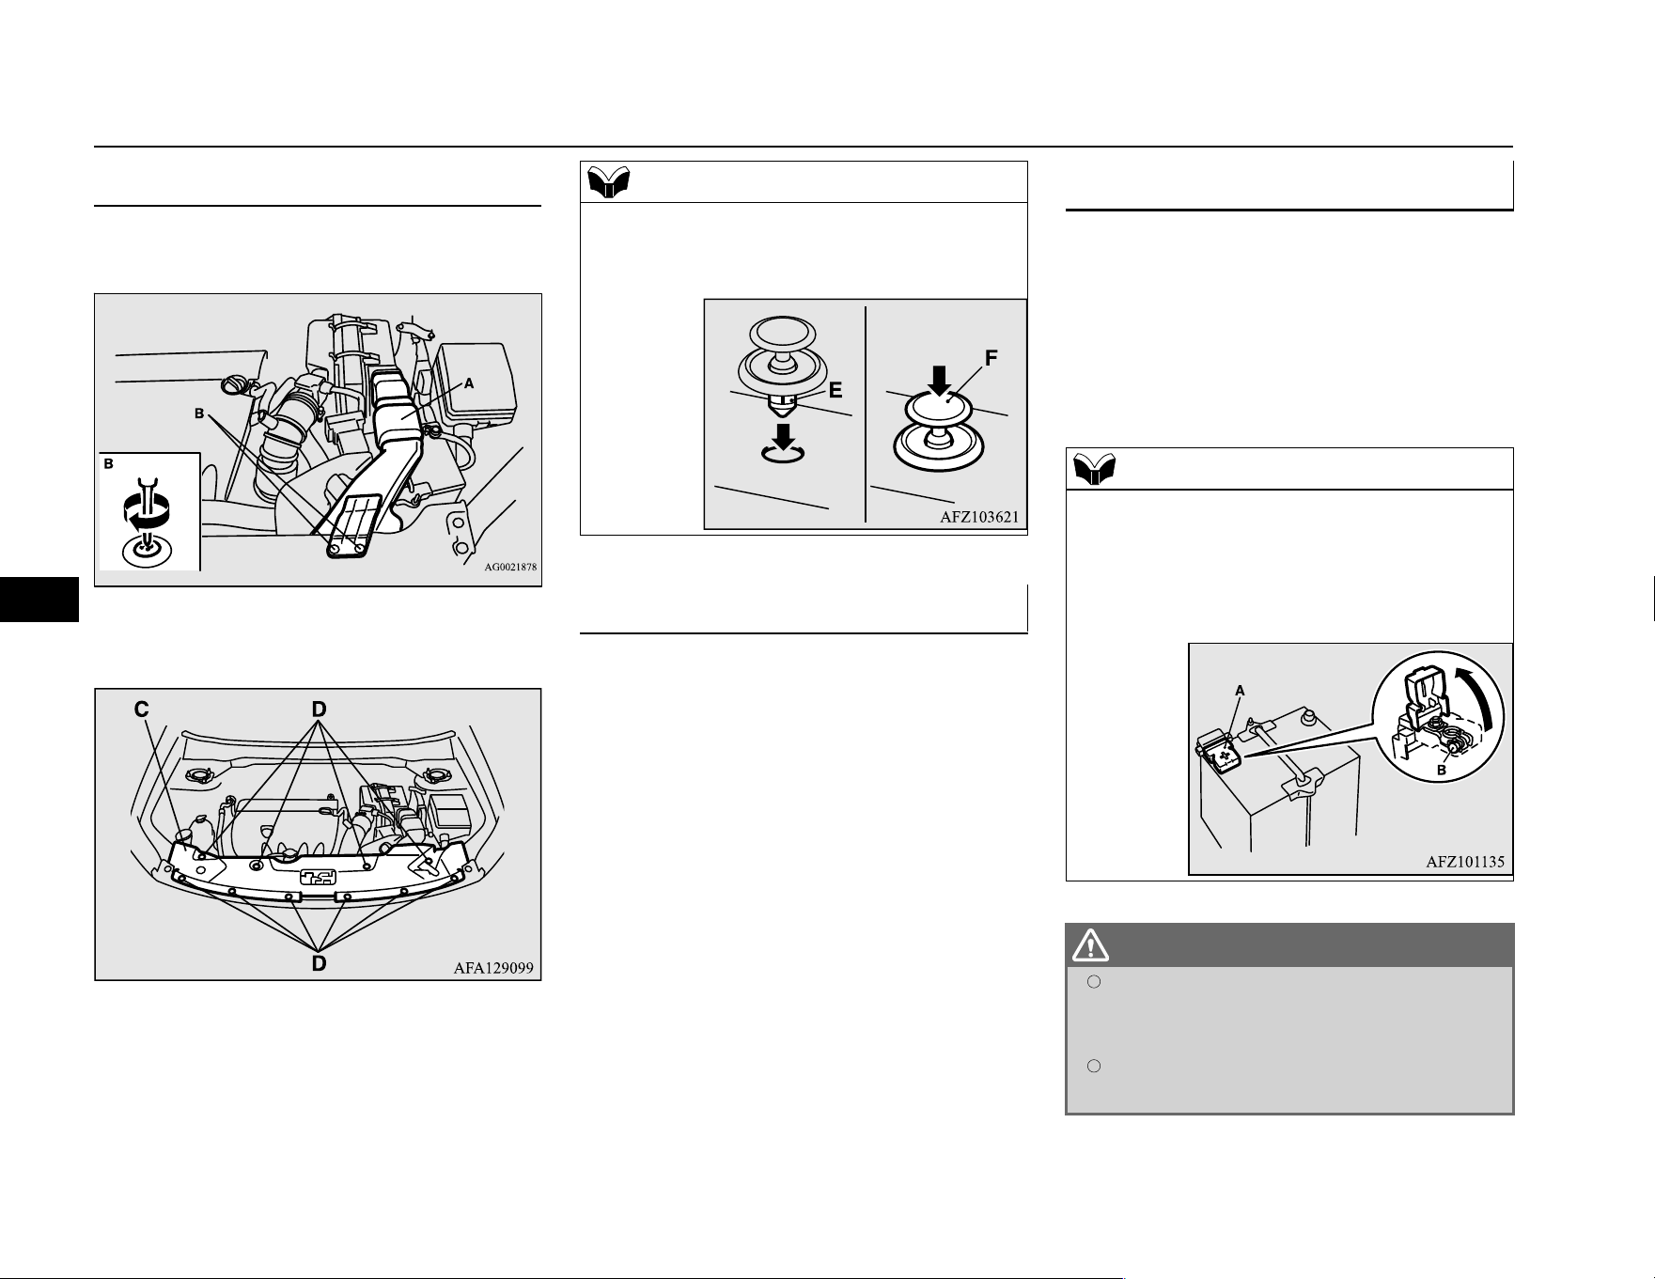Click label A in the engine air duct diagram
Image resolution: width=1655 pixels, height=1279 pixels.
(468, 383)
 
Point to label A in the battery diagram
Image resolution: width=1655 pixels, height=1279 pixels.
(1240, 691)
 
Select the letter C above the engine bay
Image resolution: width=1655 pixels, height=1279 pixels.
(142, 710)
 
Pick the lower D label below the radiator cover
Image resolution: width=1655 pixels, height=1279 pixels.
(320, 963)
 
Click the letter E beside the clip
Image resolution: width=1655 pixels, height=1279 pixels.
(835, 390)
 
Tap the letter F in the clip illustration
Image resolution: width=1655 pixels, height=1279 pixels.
(991, 358)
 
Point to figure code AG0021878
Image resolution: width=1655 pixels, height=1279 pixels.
(510, 567)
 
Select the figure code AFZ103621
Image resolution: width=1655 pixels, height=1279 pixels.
(979, 517)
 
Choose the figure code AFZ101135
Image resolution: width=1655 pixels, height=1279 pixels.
(1465, 861)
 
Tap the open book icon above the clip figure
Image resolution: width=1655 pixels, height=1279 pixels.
(609, 181)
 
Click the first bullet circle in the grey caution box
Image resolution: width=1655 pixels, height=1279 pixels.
(1094, 982)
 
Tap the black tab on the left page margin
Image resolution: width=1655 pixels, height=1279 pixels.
(39, 600)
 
